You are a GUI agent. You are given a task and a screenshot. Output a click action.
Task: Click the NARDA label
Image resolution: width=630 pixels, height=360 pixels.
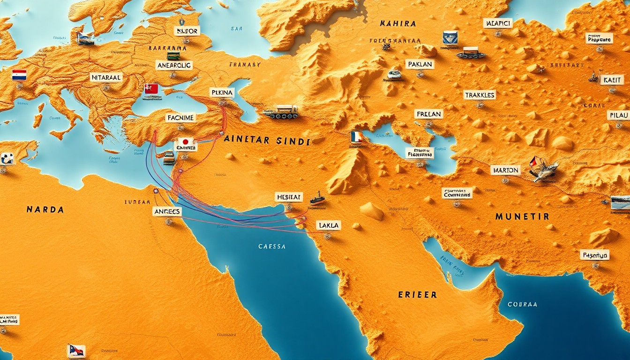click(45, 210)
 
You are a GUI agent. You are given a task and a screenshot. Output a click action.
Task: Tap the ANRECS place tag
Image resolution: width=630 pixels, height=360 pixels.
click(167, 212)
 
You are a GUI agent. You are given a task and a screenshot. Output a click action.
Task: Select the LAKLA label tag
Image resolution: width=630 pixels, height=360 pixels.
click(328, 225)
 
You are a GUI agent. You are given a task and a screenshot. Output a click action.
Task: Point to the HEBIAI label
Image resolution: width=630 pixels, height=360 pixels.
click(289, 197)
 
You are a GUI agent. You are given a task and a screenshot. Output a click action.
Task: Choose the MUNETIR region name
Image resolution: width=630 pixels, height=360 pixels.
click(522, 217)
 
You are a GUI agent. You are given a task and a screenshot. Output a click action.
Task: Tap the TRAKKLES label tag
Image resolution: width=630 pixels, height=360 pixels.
click(480, 95)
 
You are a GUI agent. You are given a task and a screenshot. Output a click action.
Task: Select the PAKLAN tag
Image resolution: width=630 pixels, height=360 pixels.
click(420, 64)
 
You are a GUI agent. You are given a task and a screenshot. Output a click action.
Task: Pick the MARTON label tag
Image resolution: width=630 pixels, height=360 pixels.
click(505, 170)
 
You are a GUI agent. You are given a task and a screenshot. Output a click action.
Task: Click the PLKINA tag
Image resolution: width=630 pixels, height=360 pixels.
click(222, 92)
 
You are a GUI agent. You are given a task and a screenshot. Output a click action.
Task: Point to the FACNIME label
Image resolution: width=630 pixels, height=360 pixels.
click(180, 118)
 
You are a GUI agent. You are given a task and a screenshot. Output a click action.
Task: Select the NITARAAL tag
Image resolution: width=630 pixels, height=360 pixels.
click(106, 78)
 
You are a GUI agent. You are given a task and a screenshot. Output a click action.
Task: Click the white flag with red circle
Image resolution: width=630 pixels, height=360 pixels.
click(186, 142)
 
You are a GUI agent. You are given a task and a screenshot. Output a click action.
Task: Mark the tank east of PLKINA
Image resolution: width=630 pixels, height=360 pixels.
click(281, 112)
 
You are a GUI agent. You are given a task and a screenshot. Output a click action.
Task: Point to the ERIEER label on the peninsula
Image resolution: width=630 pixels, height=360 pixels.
click(417, 295)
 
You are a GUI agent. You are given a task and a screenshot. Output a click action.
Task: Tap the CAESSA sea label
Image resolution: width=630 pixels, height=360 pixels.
click(272, 246)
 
